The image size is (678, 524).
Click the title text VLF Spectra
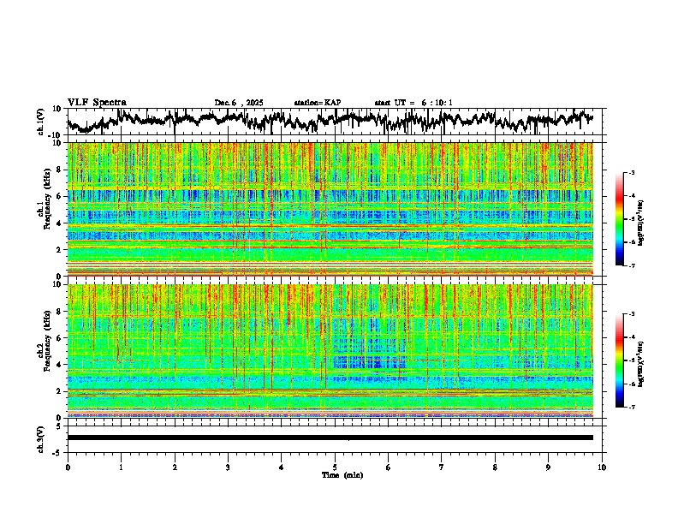click(97, 103)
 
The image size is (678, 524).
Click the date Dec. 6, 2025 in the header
click(241, 103)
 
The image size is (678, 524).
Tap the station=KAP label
click(318, 103)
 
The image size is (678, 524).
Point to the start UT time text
click(413, 103)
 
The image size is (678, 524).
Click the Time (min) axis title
click(342, 474)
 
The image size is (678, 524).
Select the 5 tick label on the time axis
click(335, 467)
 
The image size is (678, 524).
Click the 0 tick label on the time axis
click(68, 467)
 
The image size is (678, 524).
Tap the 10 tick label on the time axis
click(602, 467)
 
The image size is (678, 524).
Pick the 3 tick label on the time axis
click(228, 467)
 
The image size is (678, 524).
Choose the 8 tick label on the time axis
click(495, 467)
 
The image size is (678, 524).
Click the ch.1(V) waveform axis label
click(41, 122)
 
